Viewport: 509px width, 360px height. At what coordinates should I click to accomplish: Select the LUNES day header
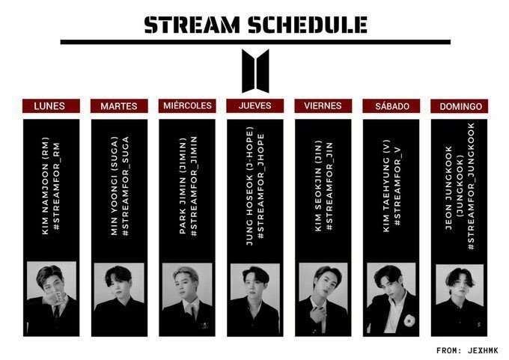(49, 106)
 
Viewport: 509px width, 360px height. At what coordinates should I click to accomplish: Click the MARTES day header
(118, 106)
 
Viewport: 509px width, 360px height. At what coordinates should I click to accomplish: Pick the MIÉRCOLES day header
(187, 106)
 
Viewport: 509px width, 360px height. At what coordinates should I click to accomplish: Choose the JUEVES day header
(254, 106)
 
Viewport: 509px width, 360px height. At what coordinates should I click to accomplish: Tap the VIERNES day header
(323, 106)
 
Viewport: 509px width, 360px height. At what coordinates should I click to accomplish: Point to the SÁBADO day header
(391, 106)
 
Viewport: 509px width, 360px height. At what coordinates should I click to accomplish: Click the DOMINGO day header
(460, 106)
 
